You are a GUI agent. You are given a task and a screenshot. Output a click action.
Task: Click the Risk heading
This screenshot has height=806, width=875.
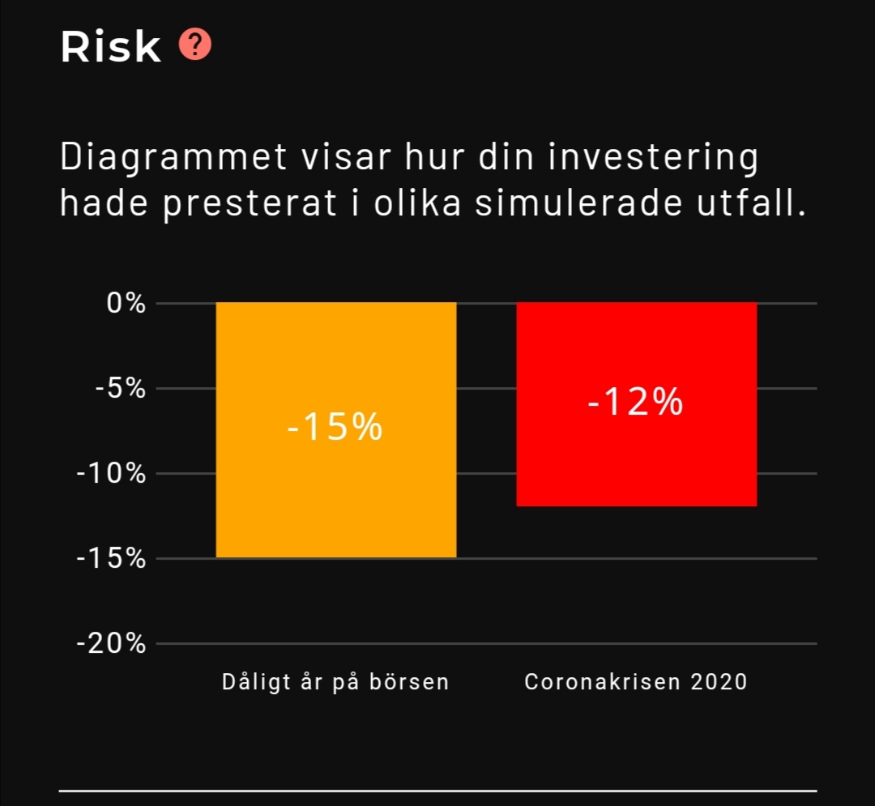(110, 47)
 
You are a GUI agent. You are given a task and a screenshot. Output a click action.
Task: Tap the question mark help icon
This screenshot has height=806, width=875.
(195, 45)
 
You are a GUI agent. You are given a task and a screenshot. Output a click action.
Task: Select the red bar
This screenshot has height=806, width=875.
(637, 462)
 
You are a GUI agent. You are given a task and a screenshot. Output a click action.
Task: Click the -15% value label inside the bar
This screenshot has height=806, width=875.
(335, 427)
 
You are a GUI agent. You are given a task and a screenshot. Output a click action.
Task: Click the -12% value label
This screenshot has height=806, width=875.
(635, 402)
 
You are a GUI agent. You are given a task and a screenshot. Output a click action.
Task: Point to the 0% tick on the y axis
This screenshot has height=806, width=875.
(126, 304)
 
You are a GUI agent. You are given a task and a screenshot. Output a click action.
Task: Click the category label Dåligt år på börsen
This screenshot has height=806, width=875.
(335, 682)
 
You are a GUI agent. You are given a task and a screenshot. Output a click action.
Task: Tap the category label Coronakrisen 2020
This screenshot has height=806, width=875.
(636, 682)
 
